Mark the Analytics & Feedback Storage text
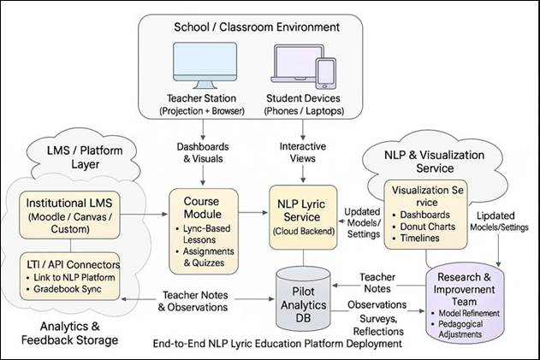[69, 333]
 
